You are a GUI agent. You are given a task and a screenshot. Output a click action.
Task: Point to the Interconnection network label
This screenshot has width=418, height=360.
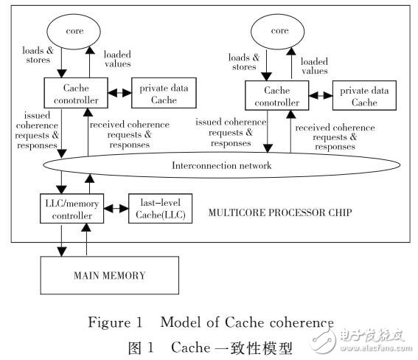point(220,166)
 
